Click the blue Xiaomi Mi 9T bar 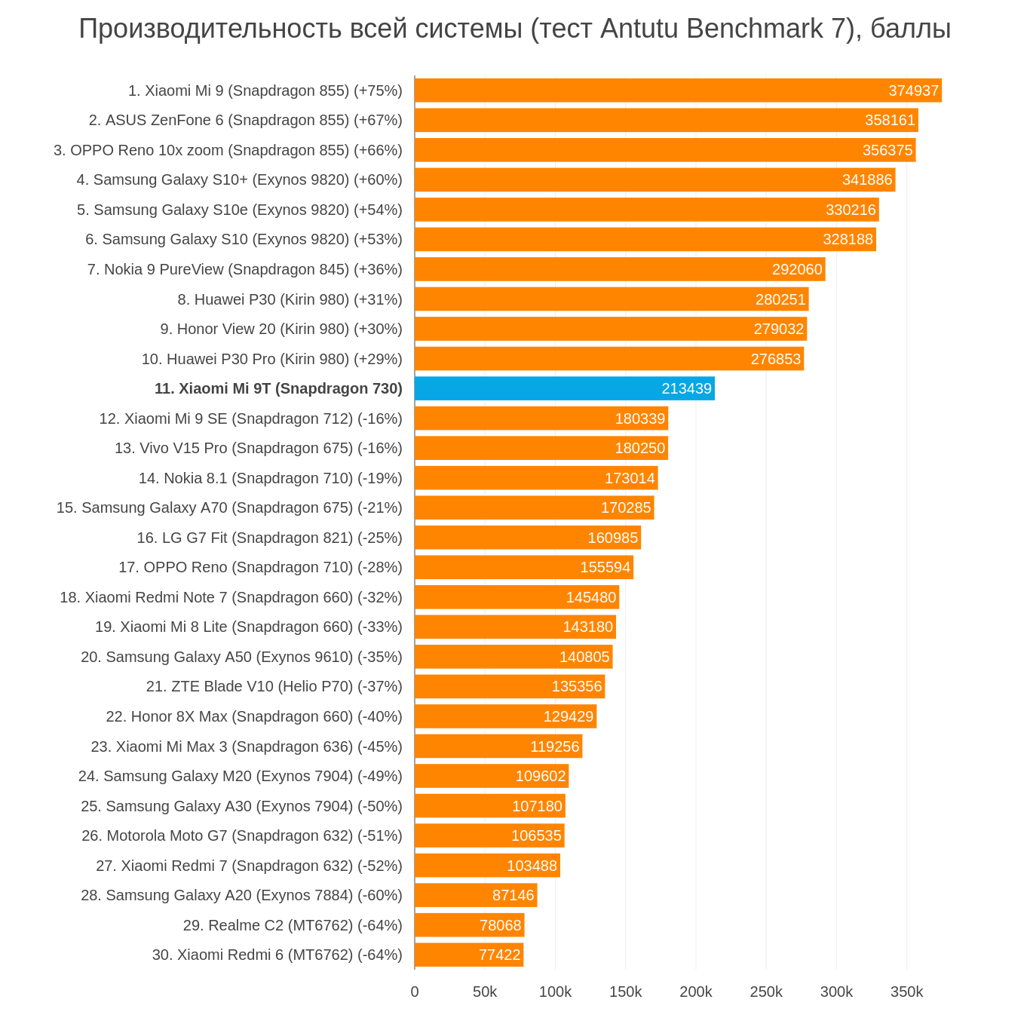coord(564,388)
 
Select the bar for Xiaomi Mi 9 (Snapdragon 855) coord(677,90)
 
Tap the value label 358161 coord(890,120)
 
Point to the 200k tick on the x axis coord(695,992)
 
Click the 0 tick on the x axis coord(415,992)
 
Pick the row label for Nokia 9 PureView coord(244,269)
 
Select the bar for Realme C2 coord(469,925)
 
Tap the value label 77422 coord(499,955)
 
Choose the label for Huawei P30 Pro coord(271,359)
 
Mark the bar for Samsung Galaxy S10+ coord(654,179)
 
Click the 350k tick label coord(906,992)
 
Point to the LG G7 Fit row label coord(269,538)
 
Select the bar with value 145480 coord(517,597)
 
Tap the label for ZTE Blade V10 coord(274,686)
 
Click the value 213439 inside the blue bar coord(686,388)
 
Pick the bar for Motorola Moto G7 coord(489,835)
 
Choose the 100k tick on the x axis coord(555,992)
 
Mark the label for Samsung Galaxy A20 coord(241,895)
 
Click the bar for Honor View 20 coord(611,329)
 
